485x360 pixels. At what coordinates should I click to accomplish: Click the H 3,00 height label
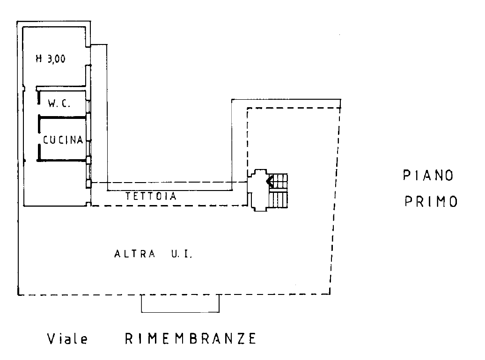pos(51,59)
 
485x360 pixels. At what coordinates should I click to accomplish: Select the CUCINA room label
pos(63,140)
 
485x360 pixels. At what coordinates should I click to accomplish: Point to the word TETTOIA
pos(151,196)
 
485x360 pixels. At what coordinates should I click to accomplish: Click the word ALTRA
pos(135,254)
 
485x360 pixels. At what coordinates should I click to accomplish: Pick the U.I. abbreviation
pos(182,254)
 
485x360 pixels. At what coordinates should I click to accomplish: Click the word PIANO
pos(428,176)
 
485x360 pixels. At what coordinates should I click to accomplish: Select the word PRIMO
pos(431,202)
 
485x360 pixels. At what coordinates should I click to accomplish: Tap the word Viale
pos(67,338)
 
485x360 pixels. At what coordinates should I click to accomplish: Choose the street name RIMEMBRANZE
pos(191,338)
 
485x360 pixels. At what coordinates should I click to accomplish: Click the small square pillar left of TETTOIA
pos(89,184)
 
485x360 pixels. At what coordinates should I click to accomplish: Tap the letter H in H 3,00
pos(39,59)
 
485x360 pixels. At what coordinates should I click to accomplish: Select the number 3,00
pos(57,59)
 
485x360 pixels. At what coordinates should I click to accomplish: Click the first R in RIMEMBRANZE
pos(129,338)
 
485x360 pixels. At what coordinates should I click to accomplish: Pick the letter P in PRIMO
pos(408,202)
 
